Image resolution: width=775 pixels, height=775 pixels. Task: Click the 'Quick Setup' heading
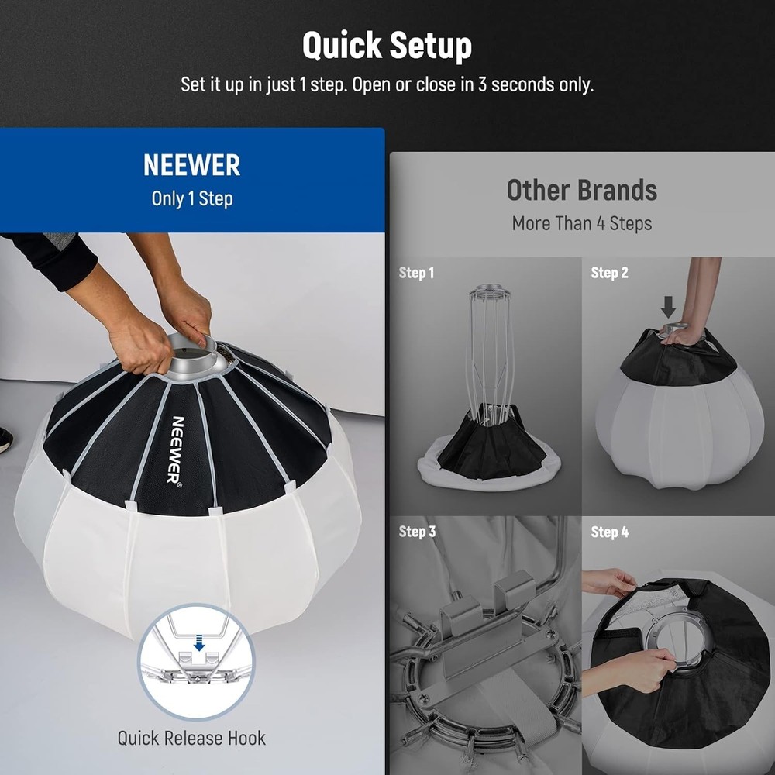pyautogui.click(x=387, y=46)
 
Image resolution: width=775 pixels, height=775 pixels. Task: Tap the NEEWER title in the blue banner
pyautogui.click(x=191, y=165)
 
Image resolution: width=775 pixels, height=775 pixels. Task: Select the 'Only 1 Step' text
pyautogui.click(x=191, y=198)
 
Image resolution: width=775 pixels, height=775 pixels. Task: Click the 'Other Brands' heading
pyautogui.click(x=581, y=190)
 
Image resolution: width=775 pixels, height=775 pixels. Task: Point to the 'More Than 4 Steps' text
pyautogui.click(x=581, y=224)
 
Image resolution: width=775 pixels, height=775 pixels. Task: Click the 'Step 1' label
pyautogui.click(x=416, y=273)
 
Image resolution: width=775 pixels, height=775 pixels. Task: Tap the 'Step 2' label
pyautogui.click(x=609, y=273)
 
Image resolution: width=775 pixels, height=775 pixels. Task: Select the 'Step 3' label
pyautogui.click(x=416, y=532)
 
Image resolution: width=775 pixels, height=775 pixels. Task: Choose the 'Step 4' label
pyautogui.click(x=609, y=532)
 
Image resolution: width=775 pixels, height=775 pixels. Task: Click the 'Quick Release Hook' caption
pyautogui.click(x=191, y=737)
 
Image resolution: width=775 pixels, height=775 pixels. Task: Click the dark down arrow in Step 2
pyautogui.click(x=668, y=308)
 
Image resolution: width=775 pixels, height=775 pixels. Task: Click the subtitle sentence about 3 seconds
pyautogui.click(x=387, y=84)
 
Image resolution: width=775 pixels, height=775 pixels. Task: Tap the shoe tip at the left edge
pyautogui.click(x=5, y=440)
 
